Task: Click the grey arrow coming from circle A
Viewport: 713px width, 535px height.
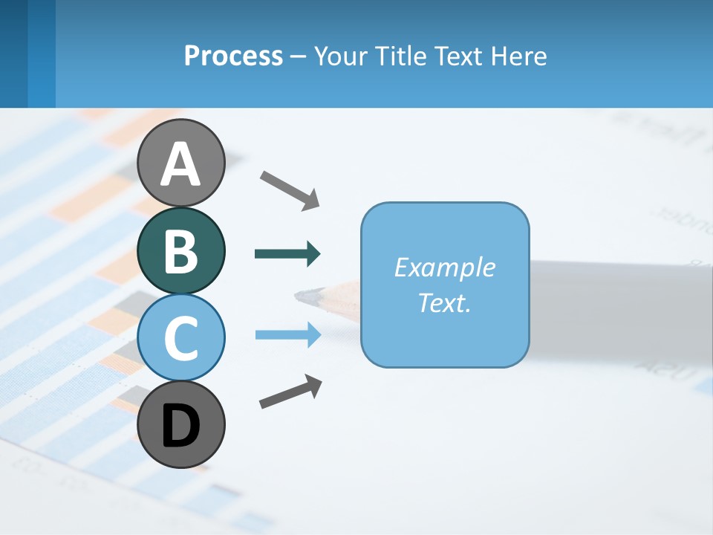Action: coord(290,189)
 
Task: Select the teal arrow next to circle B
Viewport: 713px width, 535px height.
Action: coord(287,254)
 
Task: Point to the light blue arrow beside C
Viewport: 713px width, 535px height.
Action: coord(287,335)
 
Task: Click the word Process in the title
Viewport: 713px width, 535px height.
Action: coord(233,56)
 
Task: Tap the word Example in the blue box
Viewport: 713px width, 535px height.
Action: coord(444,267)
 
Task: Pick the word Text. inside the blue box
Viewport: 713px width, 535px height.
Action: coord(444,302)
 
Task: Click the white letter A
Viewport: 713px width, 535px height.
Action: coord(180,165)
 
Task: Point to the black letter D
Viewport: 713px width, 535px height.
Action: coord(180,427)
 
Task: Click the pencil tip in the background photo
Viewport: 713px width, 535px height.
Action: coord(306,296)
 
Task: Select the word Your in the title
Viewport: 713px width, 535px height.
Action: coord(339,56)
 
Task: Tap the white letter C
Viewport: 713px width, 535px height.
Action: coord(180,338)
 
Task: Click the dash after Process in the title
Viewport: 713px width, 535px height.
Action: coord(299,57)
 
